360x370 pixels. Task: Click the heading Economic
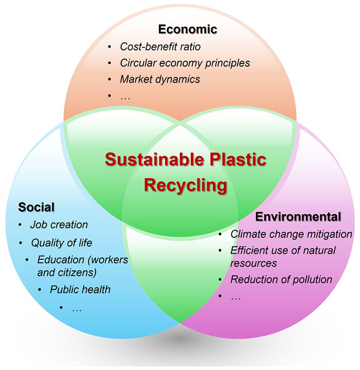tap(188, 29)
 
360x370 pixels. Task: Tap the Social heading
tap(36, 207)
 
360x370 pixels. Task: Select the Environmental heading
tap(298, 217)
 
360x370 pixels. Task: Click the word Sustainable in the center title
tap(155, 159)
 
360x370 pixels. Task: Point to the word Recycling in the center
tap(185, 185)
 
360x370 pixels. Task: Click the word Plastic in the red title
tap(238, 159)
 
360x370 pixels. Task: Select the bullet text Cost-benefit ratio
tap(160, 47)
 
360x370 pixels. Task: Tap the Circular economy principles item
tap(185, 63)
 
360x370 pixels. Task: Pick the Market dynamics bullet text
tap(160, 79)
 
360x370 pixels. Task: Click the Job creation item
tap(59, 225)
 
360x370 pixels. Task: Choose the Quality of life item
tap(61, 243)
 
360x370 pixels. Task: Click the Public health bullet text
tap(80, 289)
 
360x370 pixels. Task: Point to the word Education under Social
tap(61, 260)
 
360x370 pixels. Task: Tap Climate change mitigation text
tap(291, 234)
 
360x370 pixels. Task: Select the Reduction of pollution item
tap(281, 280)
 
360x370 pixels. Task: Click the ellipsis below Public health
tap(77, 310)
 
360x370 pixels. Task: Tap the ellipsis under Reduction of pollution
tap(236, 298)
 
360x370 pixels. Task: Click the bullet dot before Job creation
tap(20, 225)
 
